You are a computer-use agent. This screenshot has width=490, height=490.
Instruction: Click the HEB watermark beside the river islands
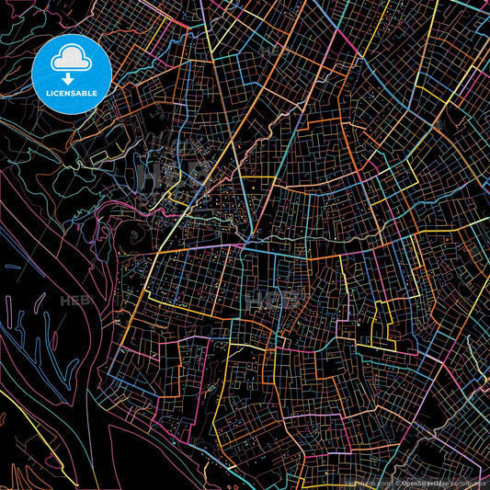[72, 301]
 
